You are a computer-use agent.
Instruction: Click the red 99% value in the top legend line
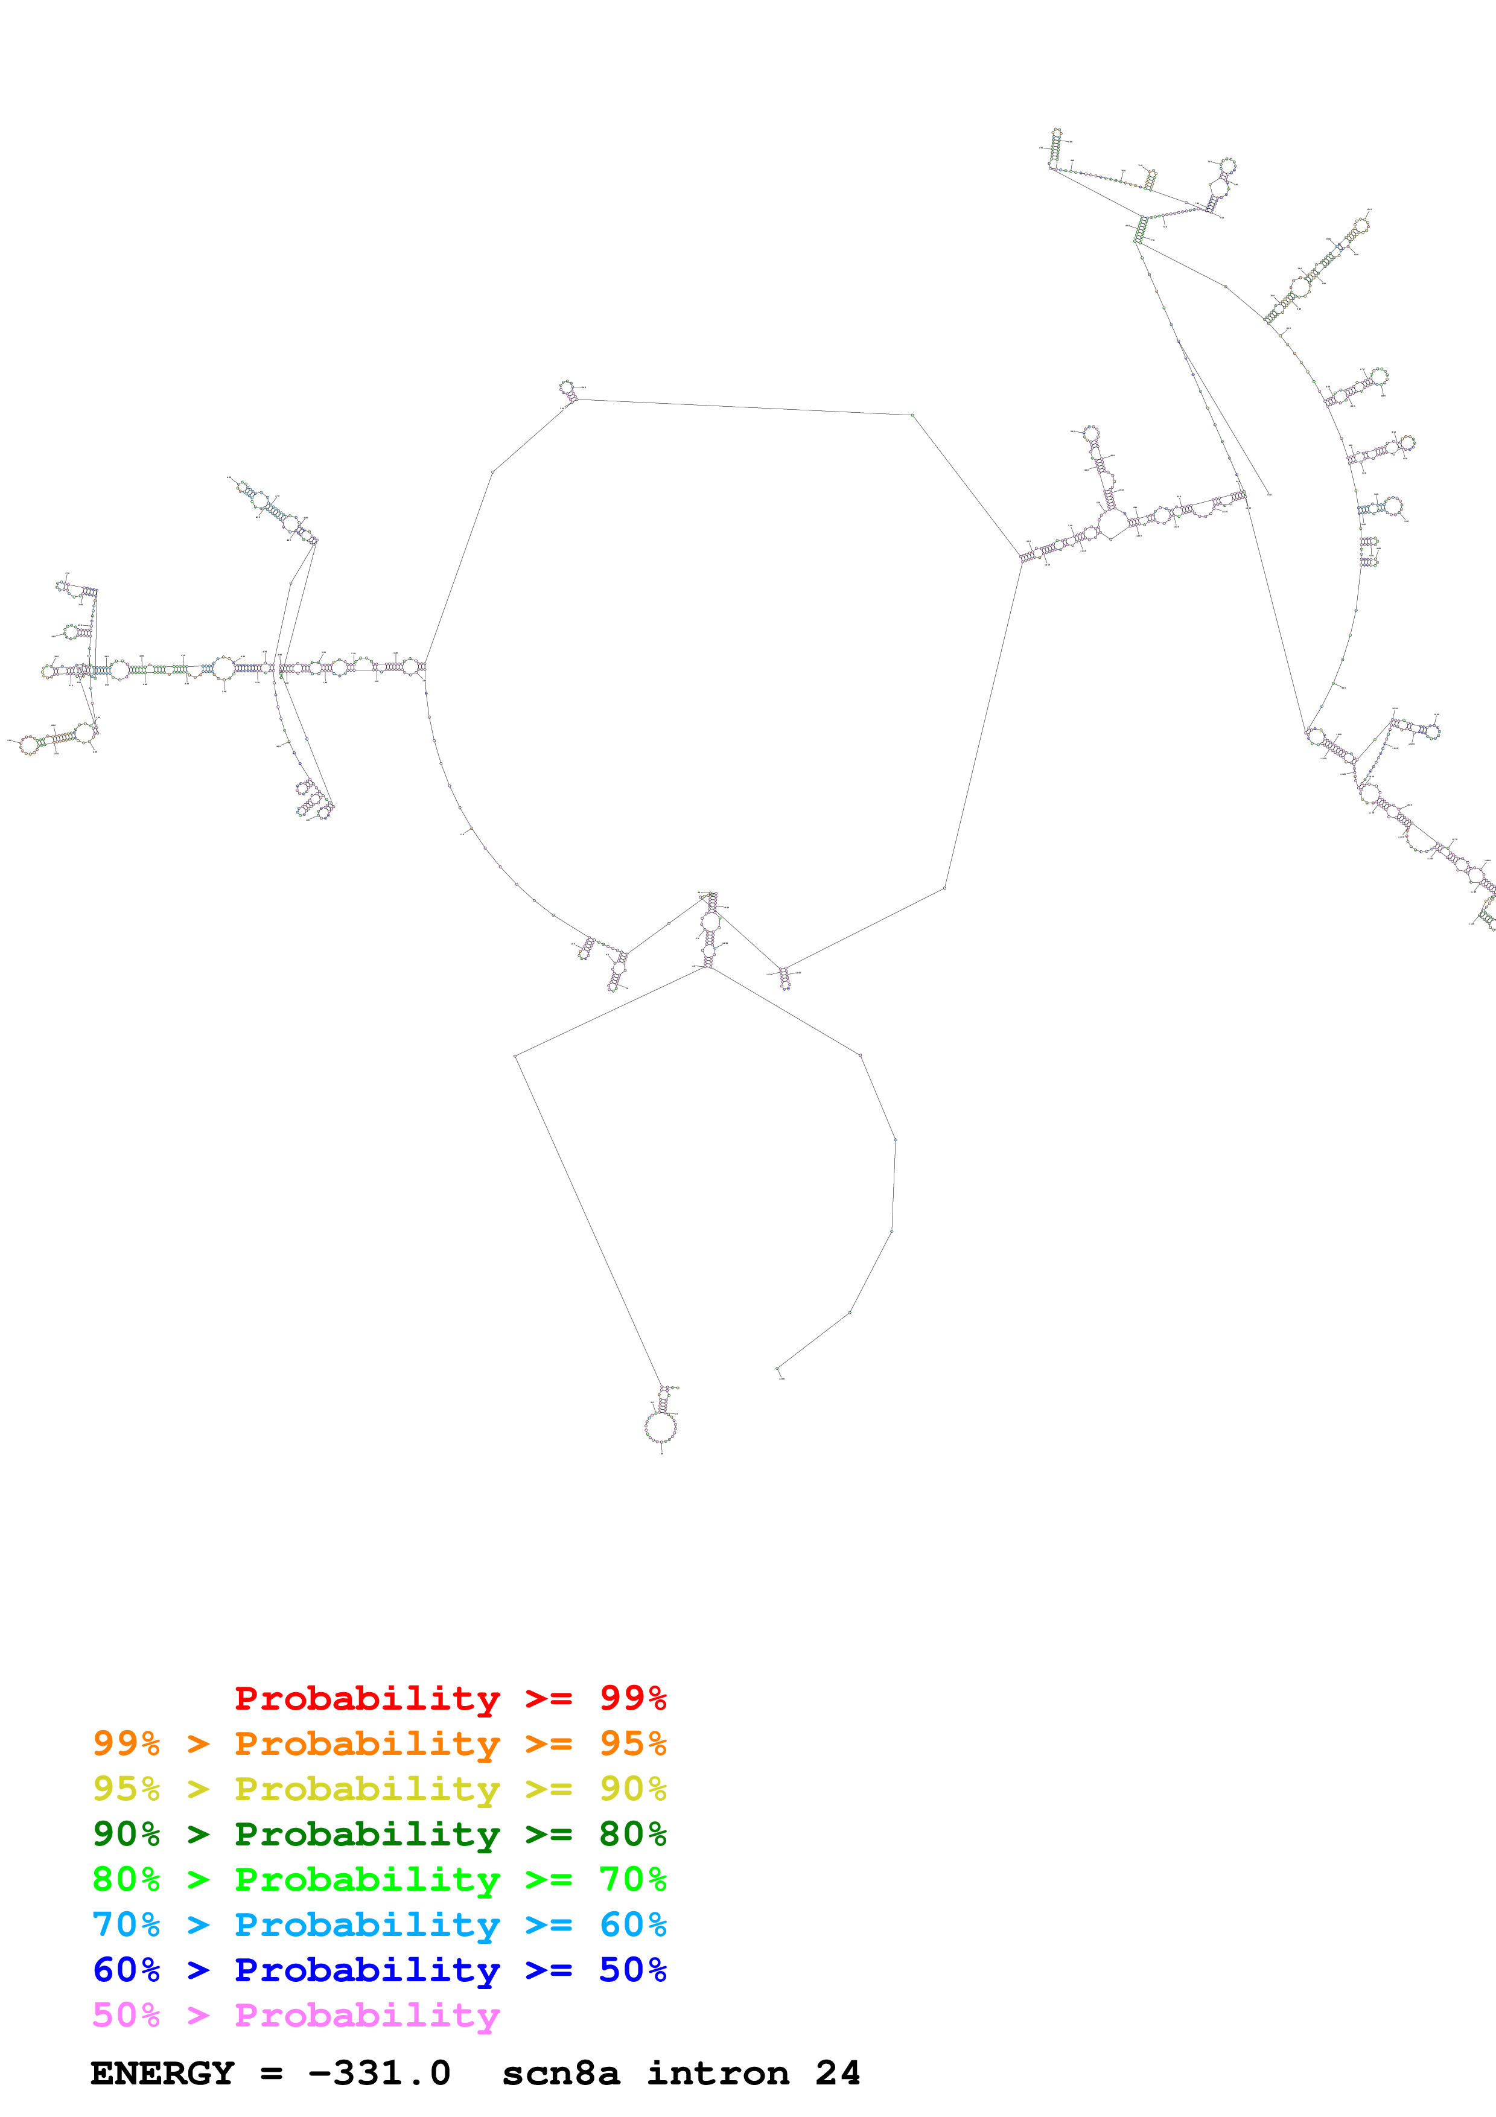632,1698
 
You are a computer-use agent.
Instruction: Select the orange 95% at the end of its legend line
632,1743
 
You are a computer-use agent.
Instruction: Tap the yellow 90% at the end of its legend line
632,1789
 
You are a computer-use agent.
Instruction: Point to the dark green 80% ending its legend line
632,1834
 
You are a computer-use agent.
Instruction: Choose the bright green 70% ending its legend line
632,1879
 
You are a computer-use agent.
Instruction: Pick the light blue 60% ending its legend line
632,1924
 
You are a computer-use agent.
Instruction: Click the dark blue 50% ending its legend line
632,1970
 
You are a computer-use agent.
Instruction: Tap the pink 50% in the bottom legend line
126,2014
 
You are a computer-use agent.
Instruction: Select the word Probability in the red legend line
367,1698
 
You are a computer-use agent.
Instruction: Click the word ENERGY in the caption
162,2073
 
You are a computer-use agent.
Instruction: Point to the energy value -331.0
379,2073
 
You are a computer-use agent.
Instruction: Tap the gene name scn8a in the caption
561,2073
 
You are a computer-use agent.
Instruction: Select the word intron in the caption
718,2073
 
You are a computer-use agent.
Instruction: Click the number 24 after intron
837,2073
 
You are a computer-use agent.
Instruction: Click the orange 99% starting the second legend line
126,1743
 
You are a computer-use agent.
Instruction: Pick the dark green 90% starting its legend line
126,1834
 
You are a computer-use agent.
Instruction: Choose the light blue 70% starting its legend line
126,1924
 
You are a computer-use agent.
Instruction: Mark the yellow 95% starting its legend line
126,1789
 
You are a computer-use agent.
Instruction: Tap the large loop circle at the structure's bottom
660,1427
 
